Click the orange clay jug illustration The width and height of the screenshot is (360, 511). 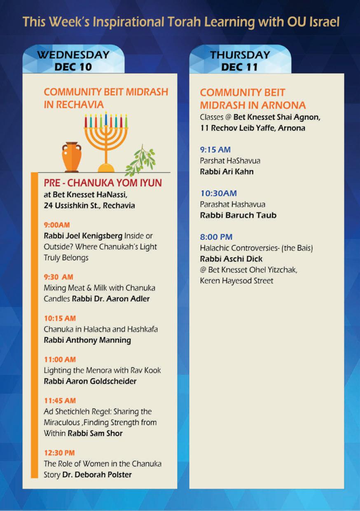(72, 157)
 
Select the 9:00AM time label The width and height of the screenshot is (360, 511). (57, 225)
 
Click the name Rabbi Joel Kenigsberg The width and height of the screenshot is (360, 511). (82, 236)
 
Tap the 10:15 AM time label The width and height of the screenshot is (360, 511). (60, 318)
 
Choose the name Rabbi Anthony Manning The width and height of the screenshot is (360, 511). (87, 340)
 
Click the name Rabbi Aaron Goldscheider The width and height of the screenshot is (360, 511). (90, 381)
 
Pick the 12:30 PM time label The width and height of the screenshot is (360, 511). (59, 452)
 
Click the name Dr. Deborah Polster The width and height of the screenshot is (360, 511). (97, 474)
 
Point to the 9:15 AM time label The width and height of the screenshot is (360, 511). (215, 150)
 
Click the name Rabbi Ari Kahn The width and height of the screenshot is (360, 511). (227, 171)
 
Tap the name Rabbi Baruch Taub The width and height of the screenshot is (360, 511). (238, 215)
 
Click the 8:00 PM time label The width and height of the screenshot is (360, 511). (216, 237)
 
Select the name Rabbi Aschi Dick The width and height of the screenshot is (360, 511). (231, 259)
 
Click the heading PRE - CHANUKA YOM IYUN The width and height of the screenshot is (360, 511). (103, 183)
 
